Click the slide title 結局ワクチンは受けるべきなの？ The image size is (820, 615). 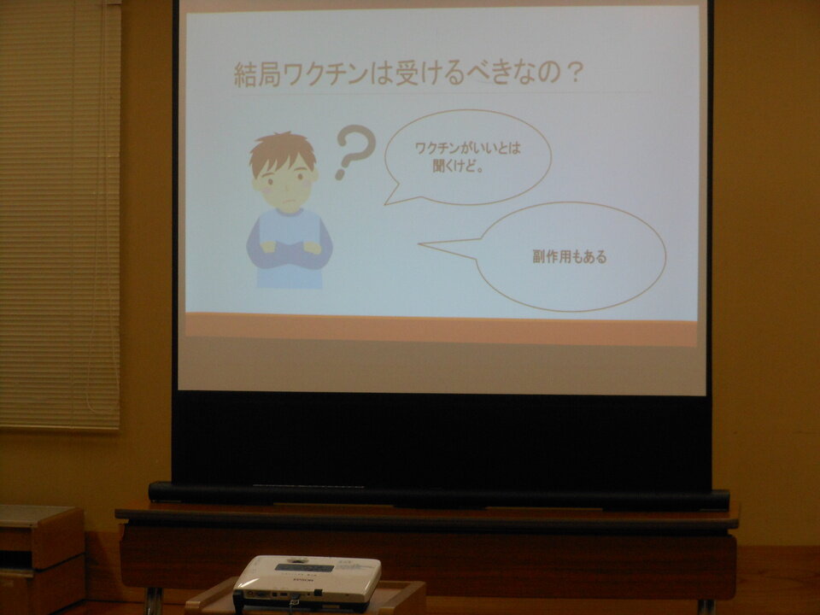pos(408,73)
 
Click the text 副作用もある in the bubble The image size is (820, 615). pos(570,257)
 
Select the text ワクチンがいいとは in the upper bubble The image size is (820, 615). pos(467,148)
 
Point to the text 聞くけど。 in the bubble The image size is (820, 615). pos(458,167)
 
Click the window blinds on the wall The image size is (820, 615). pos(60,214)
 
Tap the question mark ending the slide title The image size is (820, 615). pos(574,73)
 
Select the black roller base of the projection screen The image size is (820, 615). pos(439,497)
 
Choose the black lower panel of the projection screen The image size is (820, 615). pos(442,438)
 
